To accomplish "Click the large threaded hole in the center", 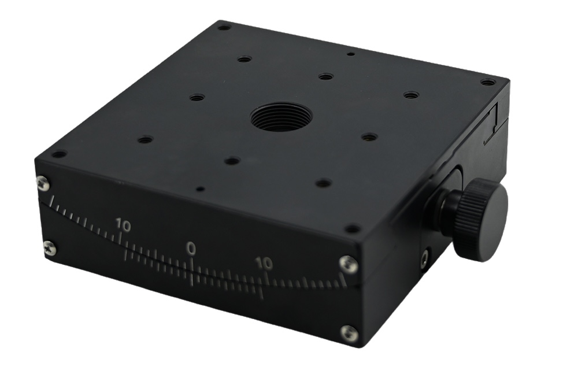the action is [281, 117].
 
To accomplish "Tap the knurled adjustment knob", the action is [480, 219].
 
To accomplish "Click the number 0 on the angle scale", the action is [191, 249].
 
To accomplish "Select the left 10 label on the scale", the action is [123, 224].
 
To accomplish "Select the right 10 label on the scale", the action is [264, 264].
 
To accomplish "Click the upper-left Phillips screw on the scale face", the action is [43, 183].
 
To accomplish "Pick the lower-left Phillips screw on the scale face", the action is [50, 249].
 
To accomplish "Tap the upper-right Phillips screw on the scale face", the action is [349, 264].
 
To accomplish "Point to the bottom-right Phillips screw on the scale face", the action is [349, 334].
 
